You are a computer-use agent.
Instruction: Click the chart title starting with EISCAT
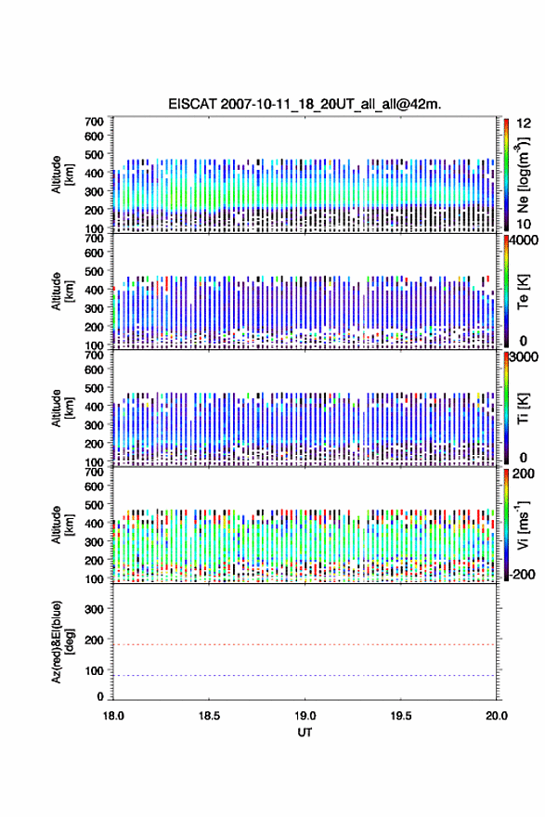[305, 104]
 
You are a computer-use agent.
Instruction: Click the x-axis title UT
[305, 733]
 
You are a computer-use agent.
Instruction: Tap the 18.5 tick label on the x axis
[209, 716]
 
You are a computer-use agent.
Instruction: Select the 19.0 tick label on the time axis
[305, 716]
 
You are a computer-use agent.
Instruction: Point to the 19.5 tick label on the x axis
[401, 716]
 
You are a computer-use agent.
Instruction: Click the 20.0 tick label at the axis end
[497, 716]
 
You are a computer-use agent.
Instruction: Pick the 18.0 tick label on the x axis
[113, 716]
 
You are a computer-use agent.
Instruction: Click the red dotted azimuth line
[305, 644]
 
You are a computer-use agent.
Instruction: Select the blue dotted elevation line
[305, 675]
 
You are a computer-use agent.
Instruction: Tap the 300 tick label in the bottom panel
[95, 609]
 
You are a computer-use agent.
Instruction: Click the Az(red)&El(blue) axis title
[62, 642]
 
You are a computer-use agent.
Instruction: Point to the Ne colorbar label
[523, 175]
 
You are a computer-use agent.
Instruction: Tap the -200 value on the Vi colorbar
[522, 574]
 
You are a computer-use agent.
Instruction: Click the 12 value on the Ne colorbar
[524, 123]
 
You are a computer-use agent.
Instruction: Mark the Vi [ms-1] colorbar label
[523, 525]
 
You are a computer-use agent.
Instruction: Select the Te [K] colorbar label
[523, 292]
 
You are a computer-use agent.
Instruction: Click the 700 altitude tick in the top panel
[94, 122]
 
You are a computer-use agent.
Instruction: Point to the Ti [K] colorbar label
[523, 408]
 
